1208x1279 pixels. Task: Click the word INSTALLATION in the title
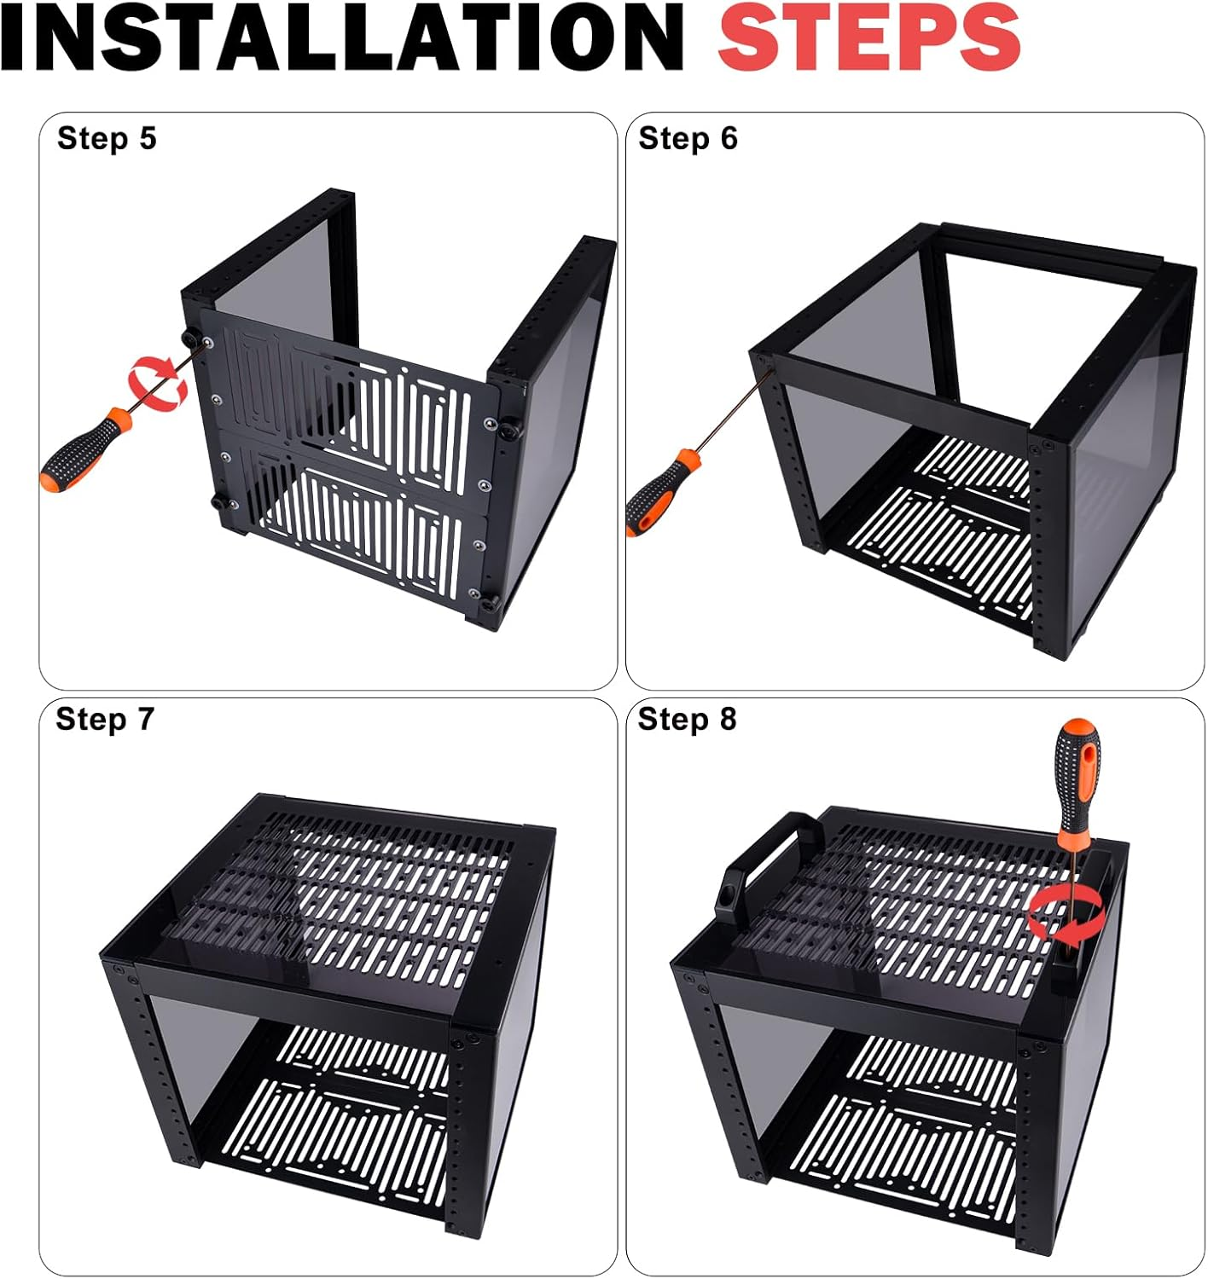tap(342, 37)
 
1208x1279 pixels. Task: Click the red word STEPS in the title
tap(869, 37)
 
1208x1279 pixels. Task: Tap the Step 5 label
tap(107, 138)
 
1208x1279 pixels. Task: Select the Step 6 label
tap(688, 138)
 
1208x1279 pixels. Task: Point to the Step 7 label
tap(105, 720)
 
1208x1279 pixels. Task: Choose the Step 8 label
tap(687, 720)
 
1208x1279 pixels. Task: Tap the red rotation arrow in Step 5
tap(158, 385)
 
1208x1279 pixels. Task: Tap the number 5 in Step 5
tap(148, 139)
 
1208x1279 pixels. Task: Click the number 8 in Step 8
tap(728, 720)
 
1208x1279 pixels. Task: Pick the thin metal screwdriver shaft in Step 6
tap(732, 406)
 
